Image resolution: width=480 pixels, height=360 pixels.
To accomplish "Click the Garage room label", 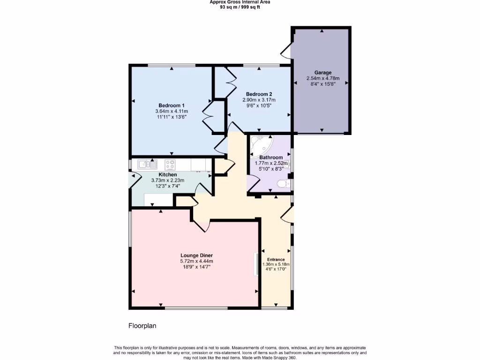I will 322,73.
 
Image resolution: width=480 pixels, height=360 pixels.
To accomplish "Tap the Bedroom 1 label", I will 171,105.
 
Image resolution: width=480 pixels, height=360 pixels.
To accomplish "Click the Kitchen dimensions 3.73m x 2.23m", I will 167,180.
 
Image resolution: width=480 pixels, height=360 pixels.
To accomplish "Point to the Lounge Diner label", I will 196,255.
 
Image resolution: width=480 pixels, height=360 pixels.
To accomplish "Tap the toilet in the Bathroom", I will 283,184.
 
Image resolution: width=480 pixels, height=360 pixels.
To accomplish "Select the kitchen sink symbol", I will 147,165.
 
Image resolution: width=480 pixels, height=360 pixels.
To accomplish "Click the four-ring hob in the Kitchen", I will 170,165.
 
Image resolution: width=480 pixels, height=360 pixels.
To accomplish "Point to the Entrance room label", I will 276,259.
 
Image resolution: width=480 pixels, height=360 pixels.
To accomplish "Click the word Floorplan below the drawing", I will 142,325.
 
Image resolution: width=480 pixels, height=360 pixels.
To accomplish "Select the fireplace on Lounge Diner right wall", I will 256,263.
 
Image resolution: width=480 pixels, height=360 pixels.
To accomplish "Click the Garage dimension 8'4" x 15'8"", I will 322,84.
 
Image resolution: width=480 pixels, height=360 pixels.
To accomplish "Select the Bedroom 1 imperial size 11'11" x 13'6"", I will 171,117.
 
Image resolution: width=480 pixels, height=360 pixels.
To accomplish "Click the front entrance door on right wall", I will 287,214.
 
